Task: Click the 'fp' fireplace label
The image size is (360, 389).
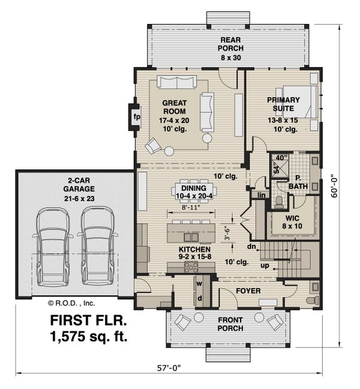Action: tap(137, 116)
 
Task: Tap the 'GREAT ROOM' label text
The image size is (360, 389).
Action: tap(175, 107)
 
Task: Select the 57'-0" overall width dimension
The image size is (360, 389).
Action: tap(169, 368)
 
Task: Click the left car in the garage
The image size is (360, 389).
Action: tap(53, 247)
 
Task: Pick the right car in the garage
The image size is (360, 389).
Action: tap(97, 247)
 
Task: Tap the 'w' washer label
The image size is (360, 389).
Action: tap(199, 283)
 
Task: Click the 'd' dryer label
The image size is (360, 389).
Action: tap(199, 298)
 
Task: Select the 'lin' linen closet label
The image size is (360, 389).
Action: tap(262, 195)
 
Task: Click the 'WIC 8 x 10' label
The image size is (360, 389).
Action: tap(292, 222)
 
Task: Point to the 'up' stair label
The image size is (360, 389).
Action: tap(265, 266)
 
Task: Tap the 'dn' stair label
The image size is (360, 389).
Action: tap(251, 247)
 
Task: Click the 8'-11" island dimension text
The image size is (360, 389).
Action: tap(191, 208)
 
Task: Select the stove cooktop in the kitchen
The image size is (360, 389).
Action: tap(191, 267)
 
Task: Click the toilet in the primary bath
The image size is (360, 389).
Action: tap(279, 202)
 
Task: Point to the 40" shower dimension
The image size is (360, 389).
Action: tap(281, 157)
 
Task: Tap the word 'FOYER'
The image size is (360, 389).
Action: tap(248, 291)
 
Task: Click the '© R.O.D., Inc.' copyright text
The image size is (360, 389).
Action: tap(71, 303)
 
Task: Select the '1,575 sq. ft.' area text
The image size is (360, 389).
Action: tap(89, 336)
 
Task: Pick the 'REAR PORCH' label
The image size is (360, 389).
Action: tap(230, 44)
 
